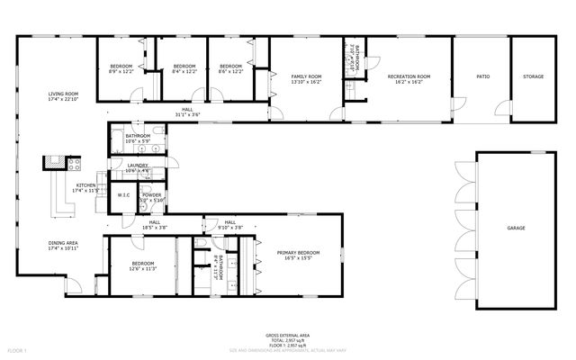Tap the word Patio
(x=482, y=76)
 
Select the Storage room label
(x=533, y=76)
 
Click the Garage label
(x=516, y=229)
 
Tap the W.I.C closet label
(x=123, y=195)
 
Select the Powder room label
(x=151, y=197)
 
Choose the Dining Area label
(x=63, y=245)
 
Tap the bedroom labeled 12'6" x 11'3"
(x=143, y=265)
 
